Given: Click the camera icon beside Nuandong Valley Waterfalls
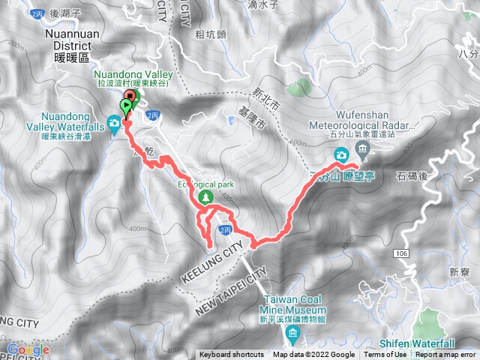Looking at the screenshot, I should point(114,123).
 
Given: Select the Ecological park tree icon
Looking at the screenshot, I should point(203,197).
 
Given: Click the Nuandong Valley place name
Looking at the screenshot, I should point(133,75).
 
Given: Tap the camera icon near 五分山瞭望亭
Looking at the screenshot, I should point(341,155).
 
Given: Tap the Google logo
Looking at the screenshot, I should point(28,349).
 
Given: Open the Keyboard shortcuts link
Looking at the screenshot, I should point(231,355).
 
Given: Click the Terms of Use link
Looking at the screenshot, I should point(385,355).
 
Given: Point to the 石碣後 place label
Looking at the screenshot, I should point(412,178).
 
